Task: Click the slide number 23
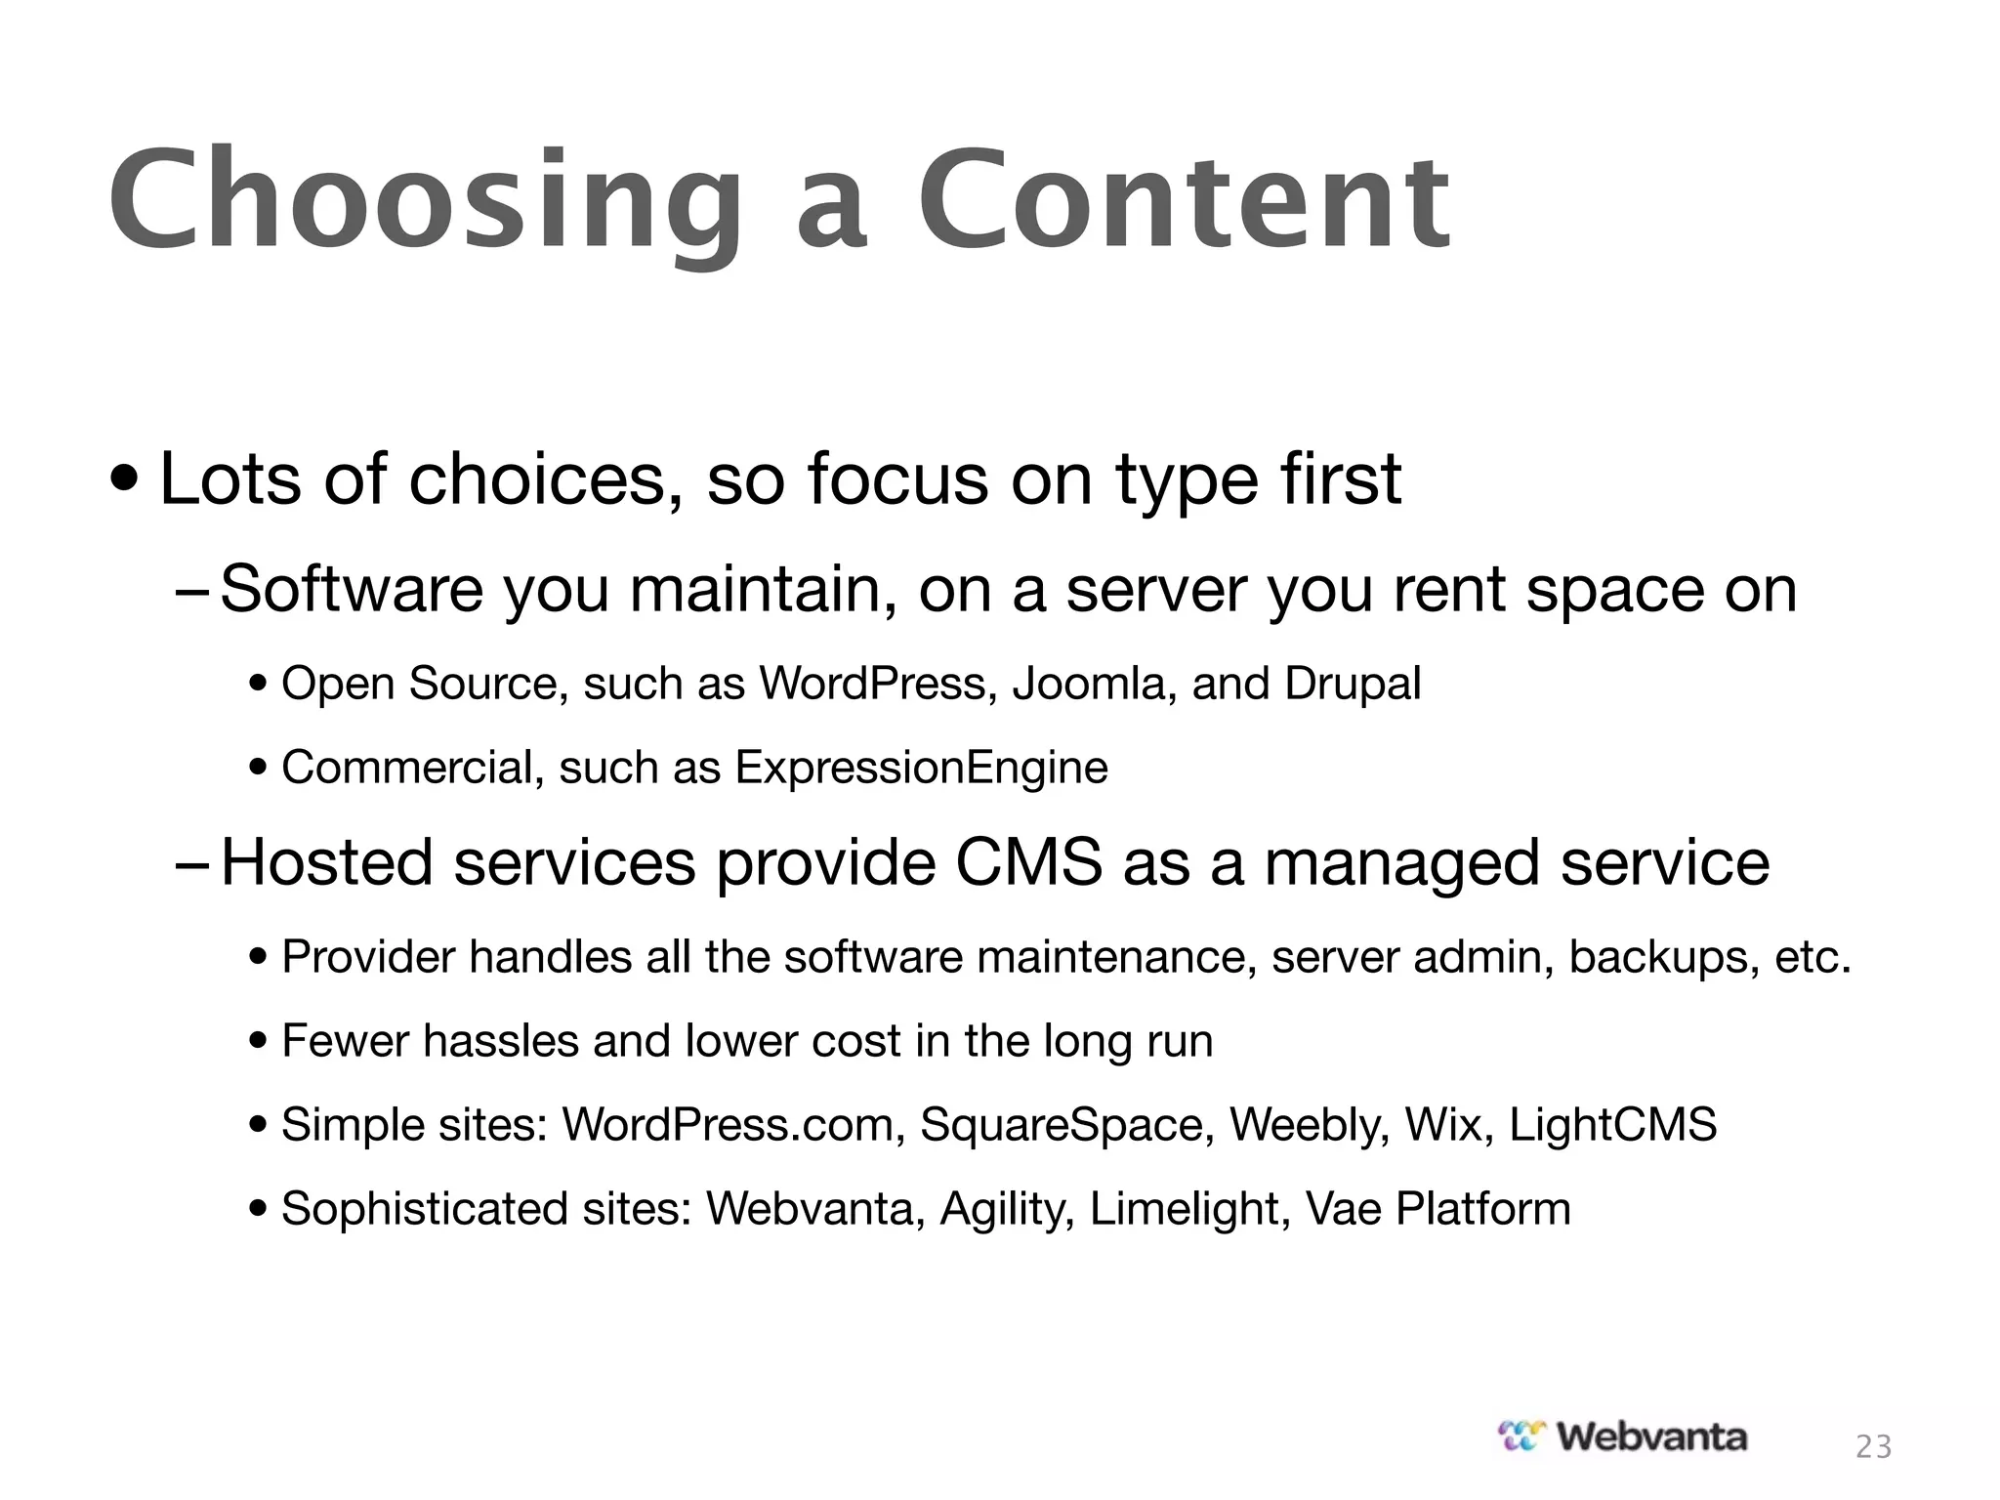point(1873,1446)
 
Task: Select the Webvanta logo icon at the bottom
point(1523,1436)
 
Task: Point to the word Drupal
point(1353,683)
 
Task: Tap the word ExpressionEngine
point(921,768)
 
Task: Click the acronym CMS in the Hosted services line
point(1028,862)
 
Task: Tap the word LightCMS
point(1612,1124)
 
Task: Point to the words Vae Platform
point(1437,1209)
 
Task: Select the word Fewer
point(345,1041)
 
